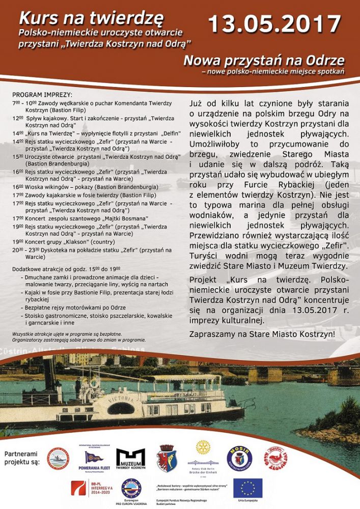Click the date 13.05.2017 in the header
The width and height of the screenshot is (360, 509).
(x=274, y=23)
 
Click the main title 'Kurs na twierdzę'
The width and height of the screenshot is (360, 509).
(x=92, y=18)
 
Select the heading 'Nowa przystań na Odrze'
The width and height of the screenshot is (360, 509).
(x=264, y=61)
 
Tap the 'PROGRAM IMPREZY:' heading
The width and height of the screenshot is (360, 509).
(x=42, y=95)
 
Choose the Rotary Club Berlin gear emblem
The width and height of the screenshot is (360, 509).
(x=203, y=448)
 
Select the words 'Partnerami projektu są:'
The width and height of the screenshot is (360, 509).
(x=22, y=458)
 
